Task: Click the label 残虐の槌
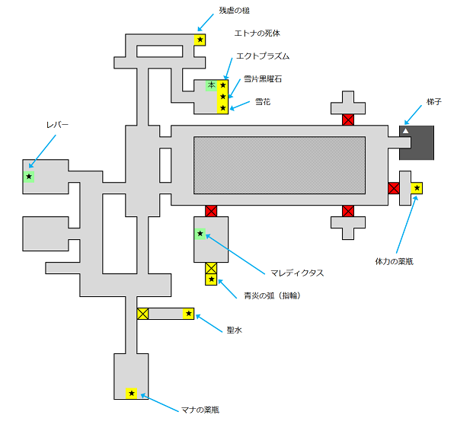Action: pos(234,11)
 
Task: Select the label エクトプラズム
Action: pos(263,56)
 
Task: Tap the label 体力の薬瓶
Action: pos(394,261)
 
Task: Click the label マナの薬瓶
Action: pos(200,410)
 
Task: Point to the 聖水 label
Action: pos(235,330)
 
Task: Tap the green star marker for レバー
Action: pos(29,177)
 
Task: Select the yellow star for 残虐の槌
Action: pos(200,40)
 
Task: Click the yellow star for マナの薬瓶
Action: pos(131,394)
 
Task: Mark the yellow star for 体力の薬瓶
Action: pos(417,188)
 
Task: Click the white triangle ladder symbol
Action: pos(405,132)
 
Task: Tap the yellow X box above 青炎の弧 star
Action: pos(211,268)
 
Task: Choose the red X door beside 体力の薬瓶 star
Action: pos(394,188)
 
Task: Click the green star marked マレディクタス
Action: pos(200,234)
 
